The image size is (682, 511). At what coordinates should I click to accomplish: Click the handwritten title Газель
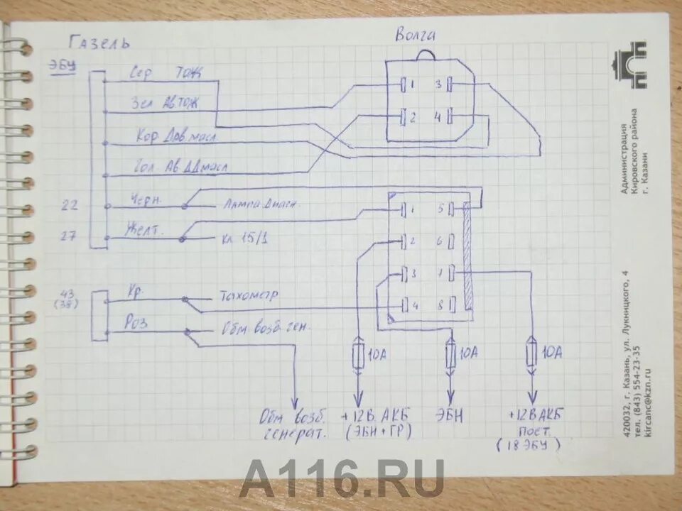tap(99, 42)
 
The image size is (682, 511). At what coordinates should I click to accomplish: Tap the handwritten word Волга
tap(416, 35)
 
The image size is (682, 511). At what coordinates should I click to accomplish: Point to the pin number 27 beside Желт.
tap(68, 236)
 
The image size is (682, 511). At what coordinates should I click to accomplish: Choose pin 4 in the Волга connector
tap(438, 116)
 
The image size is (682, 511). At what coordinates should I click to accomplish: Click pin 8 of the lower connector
tap(440, 306)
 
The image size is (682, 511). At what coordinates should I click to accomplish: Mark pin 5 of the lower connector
tap(440, 209)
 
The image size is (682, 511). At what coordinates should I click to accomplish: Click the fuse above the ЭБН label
tap(450, 353)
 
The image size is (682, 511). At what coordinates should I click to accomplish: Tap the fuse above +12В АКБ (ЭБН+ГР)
tap(359, 353)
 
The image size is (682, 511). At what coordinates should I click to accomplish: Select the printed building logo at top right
tap(630, 65)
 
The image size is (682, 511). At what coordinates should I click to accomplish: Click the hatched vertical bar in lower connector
tap(467, 255)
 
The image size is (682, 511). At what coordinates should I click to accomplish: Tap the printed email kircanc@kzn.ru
tap(646, 397)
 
